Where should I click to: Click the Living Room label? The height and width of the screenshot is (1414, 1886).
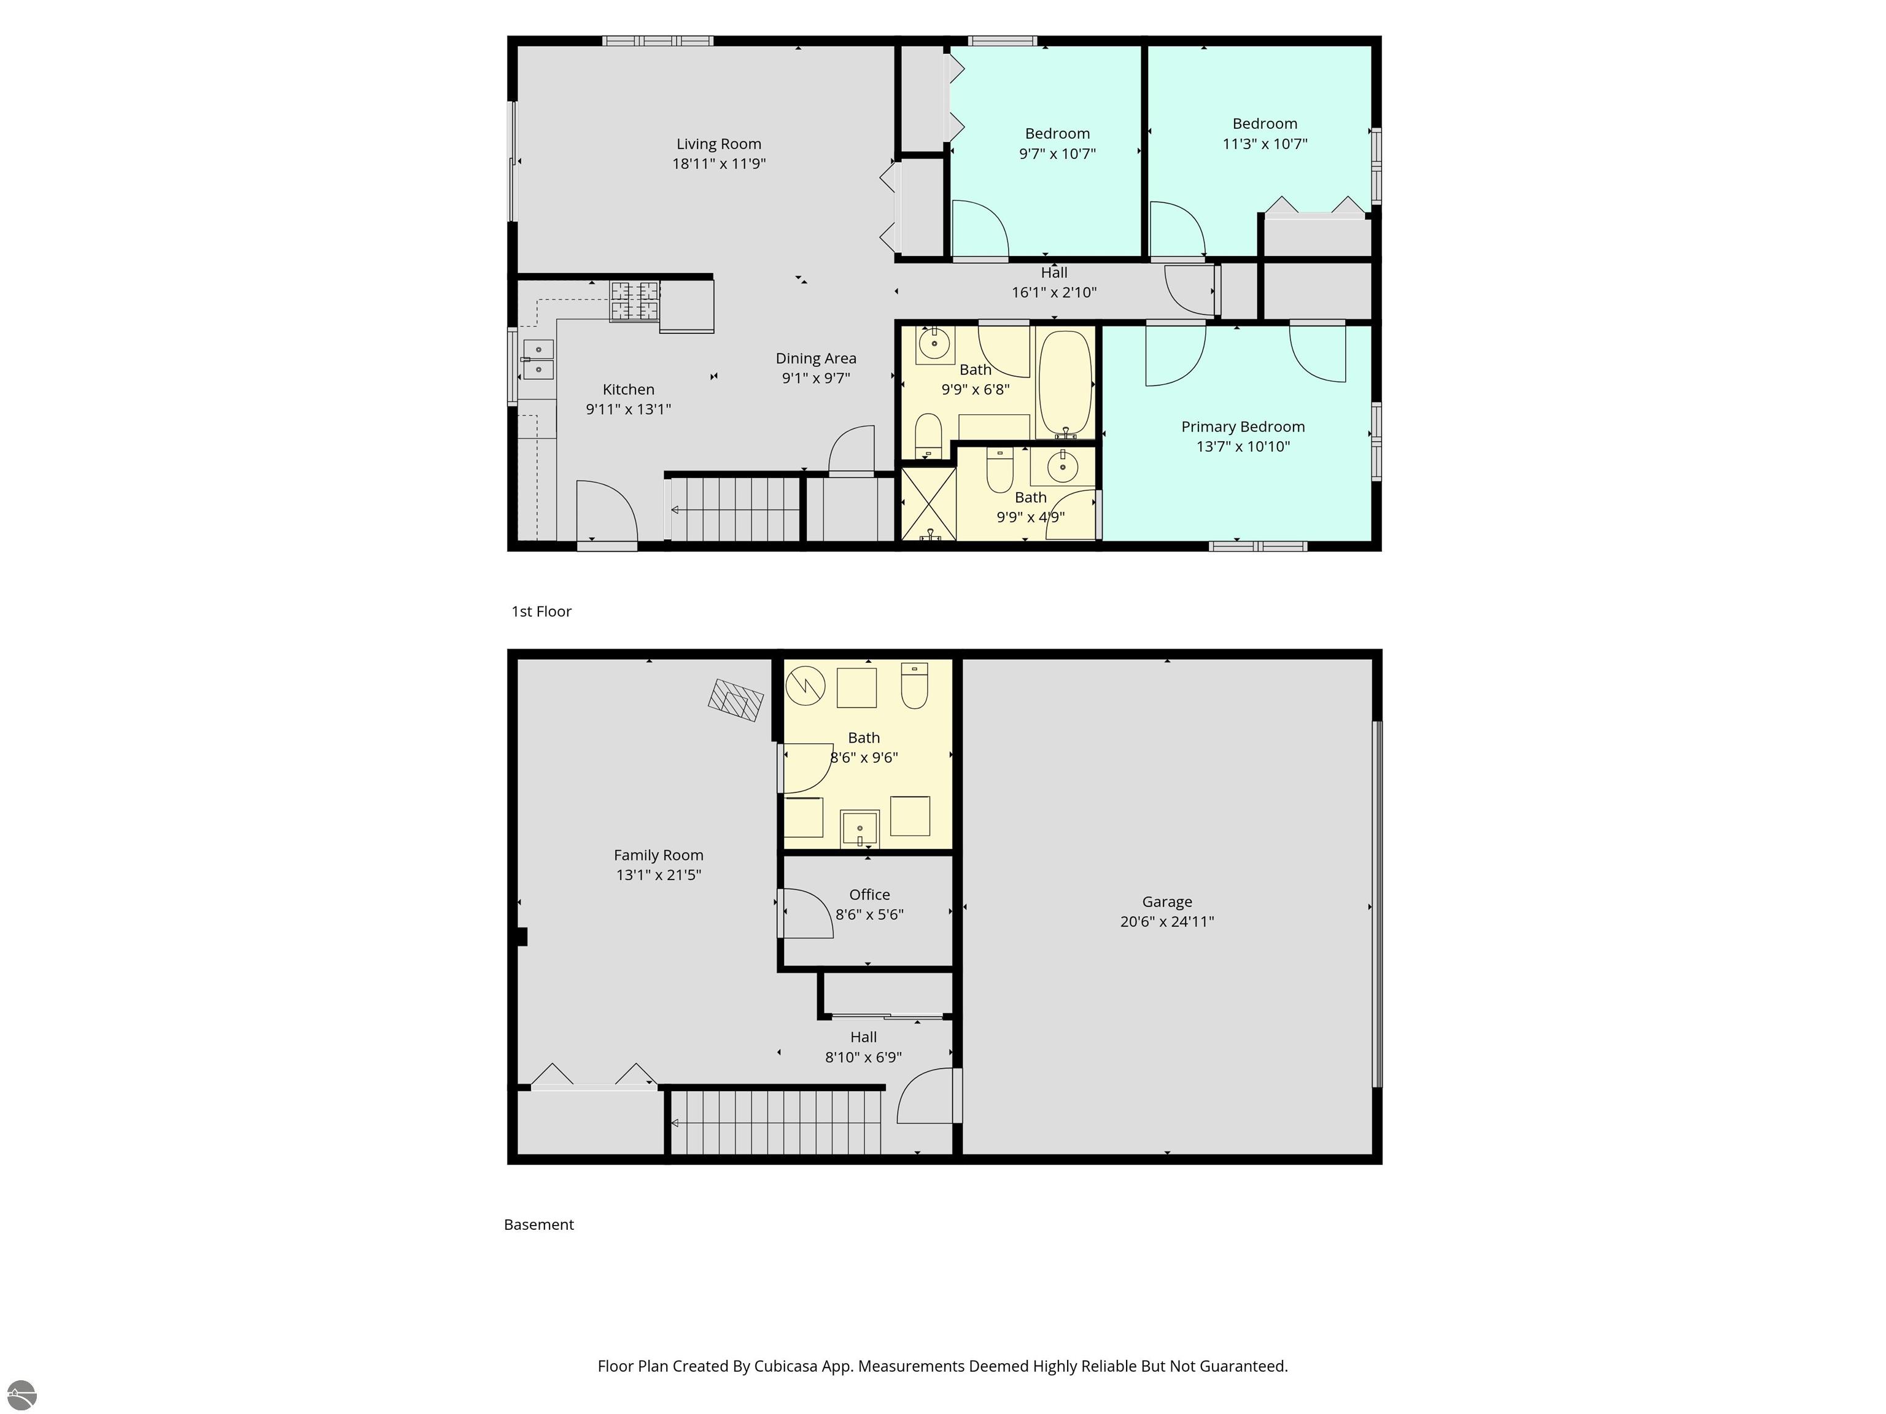[719, 144]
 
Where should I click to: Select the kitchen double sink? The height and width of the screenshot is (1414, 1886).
[538, 360]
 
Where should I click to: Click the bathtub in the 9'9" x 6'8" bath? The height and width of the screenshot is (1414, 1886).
[1065, 384]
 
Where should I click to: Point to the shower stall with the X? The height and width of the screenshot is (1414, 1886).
[928, 504]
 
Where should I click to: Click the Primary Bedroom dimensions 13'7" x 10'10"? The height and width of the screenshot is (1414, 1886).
[1243, 447]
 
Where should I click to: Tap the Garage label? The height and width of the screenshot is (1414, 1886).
[1167, 902]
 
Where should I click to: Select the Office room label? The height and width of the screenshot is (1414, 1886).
[870, 895]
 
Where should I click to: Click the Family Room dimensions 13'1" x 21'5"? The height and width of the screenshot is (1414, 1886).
[659, 875]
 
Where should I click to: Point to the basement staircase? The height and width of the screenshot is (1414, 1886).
[776, 1122]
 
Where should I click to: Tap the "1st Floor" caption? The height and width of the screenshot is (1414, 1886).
[541, 611]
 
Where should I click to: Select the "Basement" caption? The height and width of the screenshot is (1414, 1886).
[539, 1225]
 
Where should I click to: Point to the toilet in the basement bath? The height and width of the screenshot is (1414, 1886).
[915, 686]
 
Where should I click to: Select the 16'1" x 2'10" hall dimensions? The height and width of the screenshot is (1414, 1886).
[1055, 292]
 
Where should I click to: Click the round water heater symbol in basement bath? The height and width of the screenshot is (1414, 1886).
[805, 686]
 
